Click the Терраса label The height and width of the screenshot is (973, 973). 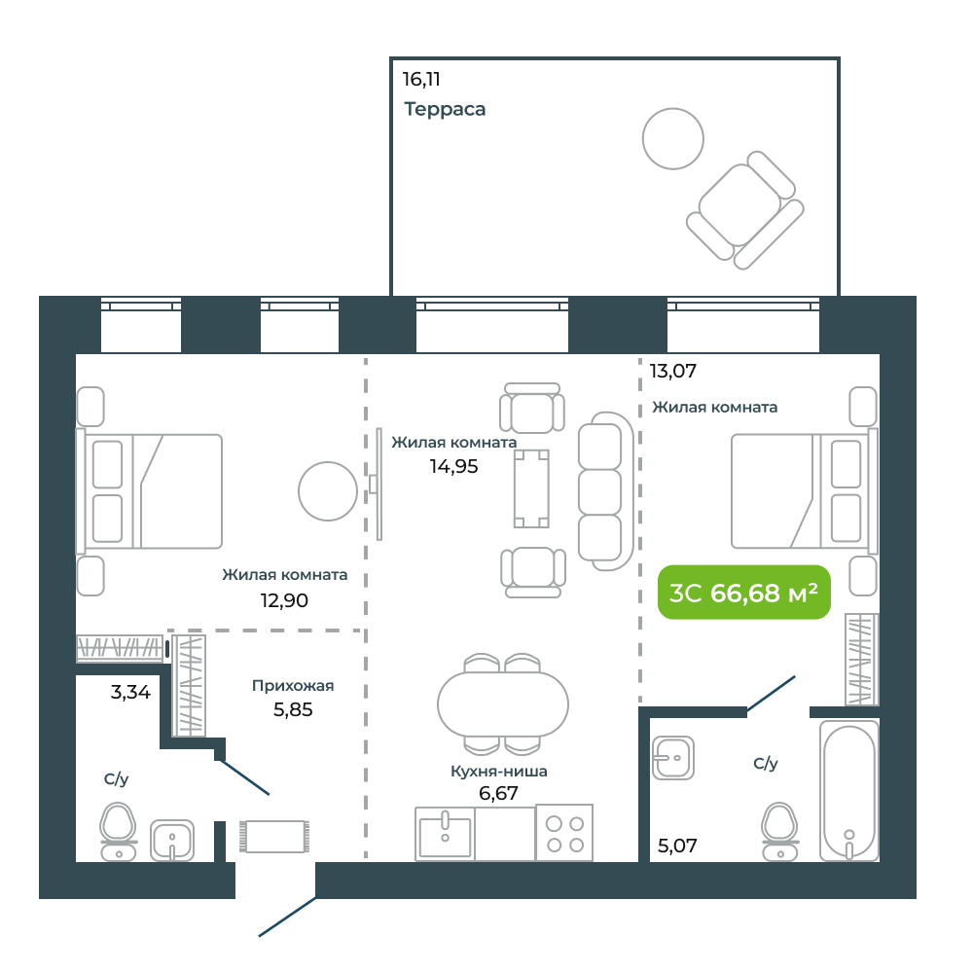point(445,109)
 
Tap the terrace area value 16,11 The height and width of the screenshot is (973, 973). point(421,80)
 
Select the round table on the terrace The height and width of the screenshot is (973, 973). point(672,138)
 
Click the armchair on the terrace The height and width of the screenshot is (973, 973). point(745,210)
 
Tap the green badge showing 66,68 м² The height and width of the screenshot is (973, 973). point(744,593)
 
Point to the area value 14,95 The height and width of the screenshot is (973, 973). point(453,467)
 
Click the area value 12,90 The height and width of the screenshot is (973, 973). point(284,600)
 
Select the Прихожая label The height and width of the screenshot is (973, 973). point(293,686)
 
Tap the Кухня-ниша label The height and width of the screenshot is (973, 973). point(499,772)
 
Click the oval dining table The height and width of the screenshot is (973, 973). point(503,704)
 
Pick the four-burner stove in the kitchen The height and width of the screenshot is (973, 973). point(564,833)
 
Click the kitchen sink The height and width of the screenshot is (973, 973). point(445,834)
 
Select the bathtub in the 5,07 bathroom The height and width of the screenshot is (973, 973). point(848,791)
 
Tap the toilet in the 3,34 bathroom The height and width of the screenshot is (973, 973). point(119,832)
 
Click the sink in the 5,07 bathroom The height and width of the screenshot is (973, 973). point(673,758)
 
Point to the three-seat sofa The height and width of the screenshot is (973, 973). point(605,491)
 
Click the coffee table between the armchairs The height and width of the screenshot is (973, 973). point(532,489)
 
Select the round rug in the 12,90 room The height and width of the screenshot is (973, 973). point(328,490)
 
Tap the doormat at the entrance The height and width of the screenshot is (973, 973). point(274,837)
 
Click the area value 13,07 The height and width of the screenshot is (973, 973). point(672,371)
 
